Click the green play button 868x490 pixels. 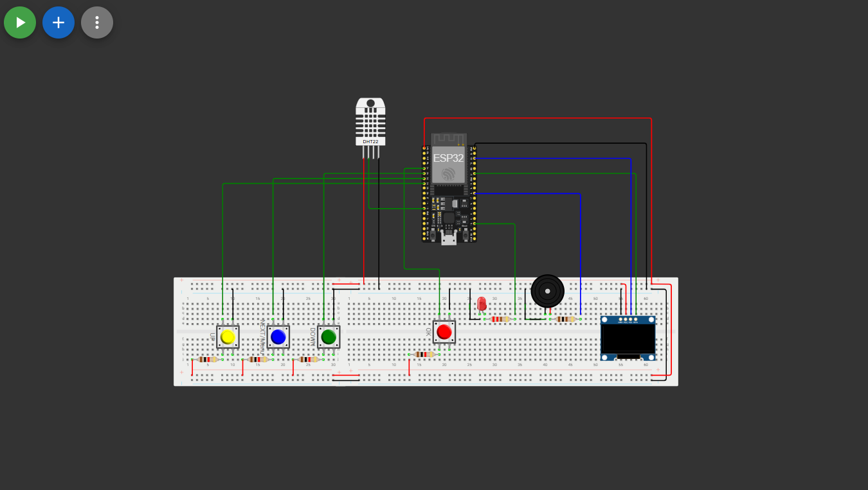(20, 22)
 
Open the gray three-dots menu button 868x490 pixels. (97, 22)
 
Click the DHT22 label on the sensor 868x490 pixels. (370, 141)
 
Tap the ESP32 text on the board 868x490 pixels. (448, 158)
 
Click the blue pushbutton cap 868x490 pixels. (278, 337)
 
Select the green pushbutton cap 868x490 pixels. (329, 337)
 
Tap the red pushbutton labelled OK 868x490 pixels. (444, 332)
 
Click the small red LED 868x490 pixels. (482, 304)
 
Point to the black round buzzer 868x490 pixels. (547, 291)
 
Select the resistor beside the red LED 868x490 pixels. (500, 319)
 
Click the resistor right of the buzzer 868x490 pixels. (565, 319)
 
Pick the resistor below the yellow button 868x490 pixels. (207, 360)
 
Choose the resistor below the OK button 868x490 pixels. (424, 354)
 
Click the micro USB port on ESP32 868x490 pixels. (449, 240)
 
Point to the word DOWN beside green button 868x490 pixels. (312, 337)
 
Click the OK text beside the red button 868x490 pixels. (428, 332)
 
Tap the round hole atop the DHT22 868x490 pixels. (370, 103)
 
